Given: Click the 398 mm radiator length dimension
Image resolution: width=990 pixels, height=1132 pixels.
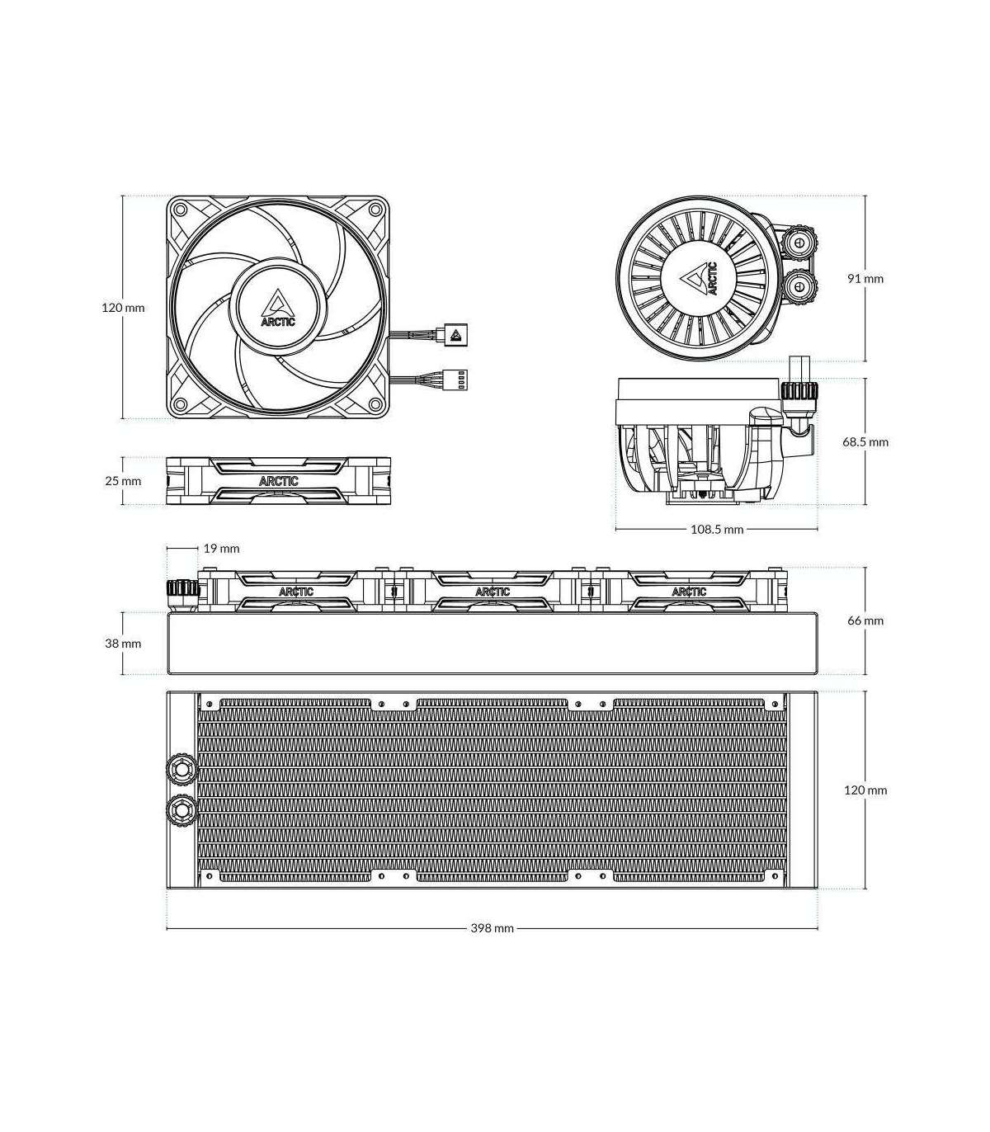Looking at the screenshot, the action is pos(492,928).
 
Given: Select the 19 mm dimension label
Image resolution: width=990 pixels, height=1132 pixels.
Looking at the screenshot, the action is pos(221,549).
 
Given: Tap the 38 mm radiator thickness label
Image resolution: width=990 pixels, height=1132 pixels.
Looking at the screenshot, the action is pos(123,643).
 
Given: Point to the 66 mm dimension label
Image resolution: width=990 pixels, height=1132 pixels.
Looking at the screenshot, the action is pos(865,620).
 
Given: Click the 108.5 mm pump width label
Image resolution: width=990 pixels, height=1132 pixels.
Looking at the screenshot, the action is pos(717,529).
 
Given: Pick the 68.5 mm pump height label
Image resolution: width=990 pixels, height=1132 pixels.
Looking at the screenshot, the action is pos(865,441).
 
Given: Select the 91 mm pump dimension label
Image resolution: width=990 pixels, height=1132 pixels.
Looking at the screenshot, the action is pos(865,278).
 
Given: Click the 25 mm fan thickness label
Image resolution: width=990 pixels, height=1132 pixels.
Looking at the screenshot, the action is pos(123,481).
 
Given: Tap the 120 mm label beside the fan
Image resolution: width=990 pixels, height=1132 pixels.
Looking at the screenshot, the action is pos(123,308).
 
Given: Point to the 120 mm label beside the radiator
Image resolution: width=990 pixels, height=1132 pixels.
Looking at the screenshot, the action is pos(865,790).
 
